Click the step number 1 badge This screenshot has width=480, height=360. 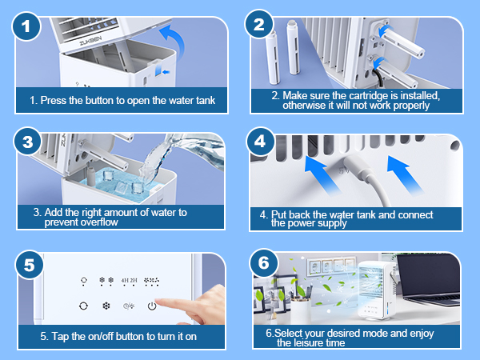[x=29, y=26]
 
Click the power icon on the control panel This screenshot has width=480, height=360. [x=152, y=306]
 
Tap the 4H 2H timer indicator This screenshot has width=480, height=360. [x=130, y=282]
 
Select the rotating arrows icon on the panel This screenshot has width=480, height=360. [x=83, y=306]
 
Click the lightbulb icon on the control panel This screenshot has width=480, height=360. [x=83, y=282]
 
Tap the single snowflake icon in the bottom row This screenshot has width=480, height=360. [x=106, y=306]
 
